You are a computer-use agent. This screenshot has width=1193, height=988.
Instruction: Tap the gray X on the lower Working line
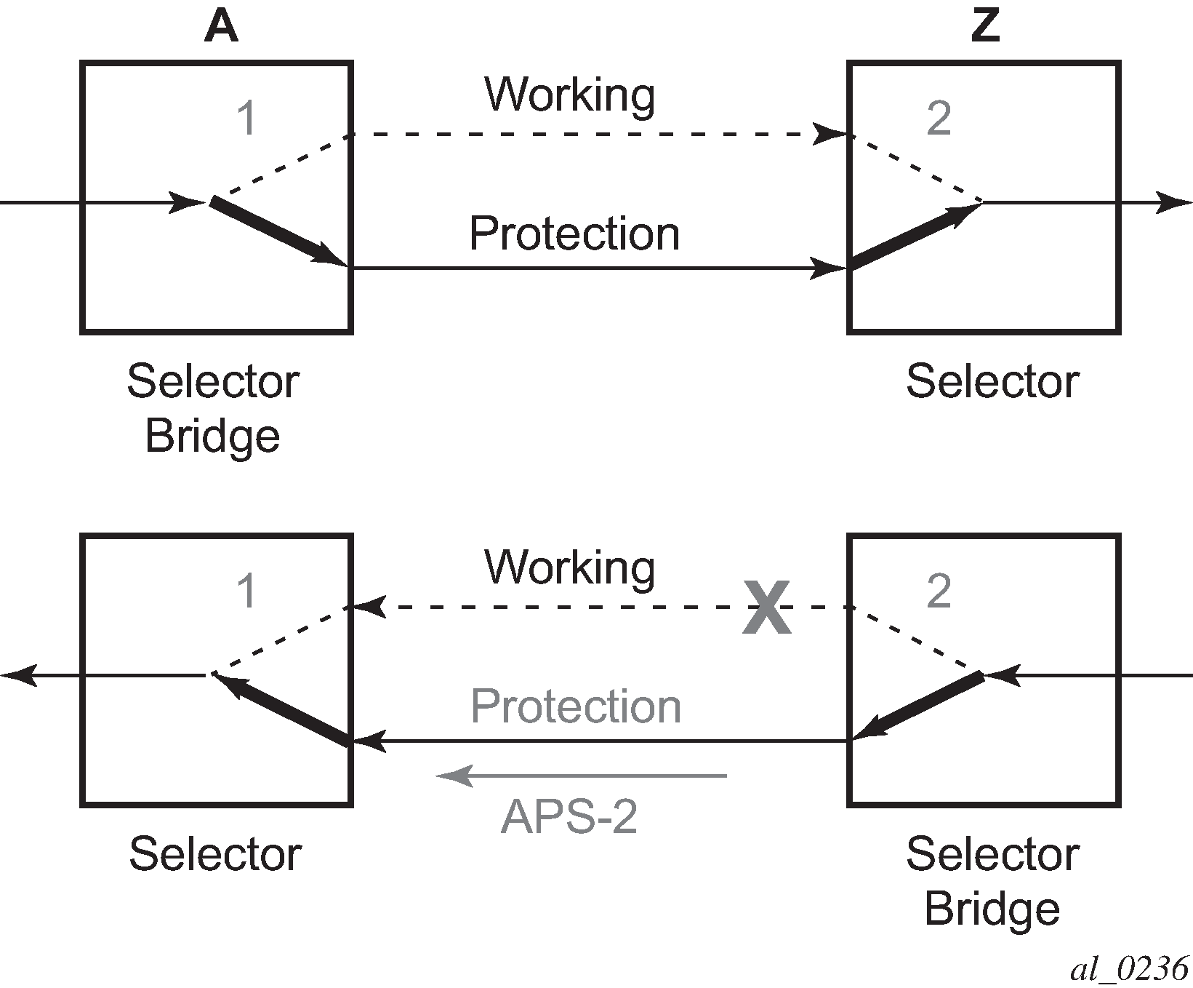pos(766,607)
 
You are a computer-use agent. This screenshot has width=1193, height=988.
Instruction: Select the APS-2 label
pos(569,816)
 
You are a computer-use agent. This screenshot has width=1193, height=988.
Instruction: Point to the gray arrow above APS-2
pos(582,776)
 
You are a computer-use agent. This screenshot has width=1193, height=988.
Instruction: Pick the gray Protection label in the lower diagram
pos(576,706)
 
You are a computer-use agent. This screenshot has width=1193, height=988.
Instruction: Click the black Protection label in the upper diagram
pos(574,234)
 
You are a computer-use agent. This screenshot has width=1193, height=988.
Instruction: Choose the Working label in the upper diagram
pos(570,95)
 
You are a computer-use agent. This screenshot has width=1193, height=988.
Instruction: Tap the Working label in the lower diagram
pos(570,567)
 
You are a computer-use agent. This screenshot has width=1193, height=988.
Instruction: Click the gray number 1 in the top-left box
pos(247,118)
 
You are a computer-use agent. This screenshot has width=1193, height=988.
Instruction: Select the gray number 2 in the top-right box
pos(939,118)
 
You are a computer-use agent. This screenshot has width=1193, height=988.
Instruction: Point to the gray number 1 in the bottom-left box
pos(247,591)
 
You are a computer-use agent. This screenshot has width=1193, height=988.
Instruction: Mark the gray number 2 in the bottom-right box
pos(939,591)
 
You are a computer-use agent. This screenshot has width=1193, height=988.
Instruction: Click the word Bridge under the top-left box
pos(212,436)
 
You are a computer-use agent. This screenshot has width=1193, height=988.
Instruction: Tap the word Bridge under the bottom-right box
pos(992,909)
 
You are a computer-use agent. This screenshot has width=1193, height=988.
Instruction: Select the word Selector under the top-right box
pos(992,381)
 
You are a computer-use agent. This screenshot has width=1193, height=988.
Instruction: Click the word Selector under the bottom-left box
pos(215,854)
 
